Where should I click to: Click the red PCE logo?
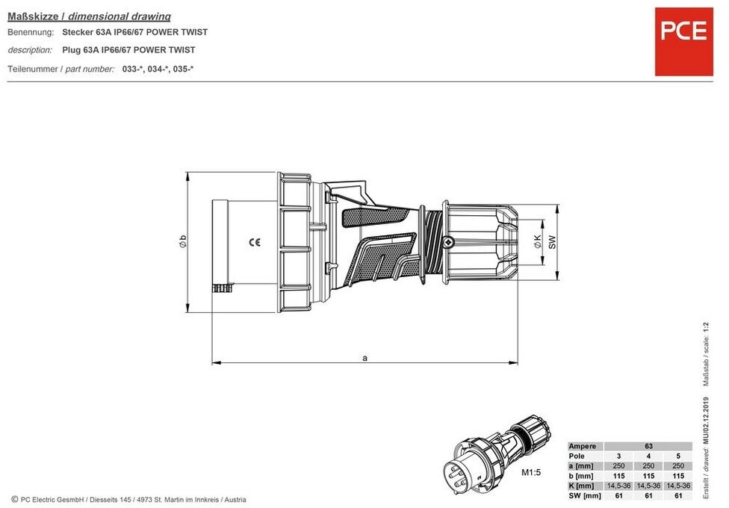coord(683,41)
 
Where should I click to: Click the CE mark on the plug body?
coord(254,242)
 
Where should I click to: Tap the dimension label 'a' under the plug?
coord(365,358)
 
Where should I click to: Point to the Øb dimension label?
coord(183,241)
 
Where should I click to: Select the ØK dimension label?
coord(538,241)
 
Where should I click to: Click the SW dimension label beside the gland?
coord(552,242)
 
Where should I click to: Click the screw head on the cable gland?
coord(447,242)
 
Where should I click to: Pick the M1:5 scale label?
coord(531,472)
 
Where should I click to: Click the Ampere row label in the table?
coord(582,446)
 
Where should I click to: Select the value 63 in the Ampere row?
coord(648,446)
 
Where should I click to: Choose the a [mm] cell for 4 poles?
coord(648,465)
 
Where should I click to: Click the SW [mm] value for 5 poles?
coord(678,495)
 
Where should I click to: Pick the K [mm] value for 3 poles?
coord(618,486)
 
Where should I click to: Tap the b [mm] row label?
coord(581,476)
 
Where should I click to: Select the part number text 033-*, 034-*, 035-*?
coord(158,69)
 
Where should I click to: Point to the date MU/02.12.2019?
coord(707,420)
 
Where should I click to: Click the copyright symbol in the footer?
coord(14,499)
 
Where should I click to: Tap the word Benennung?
coord(31,32)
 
